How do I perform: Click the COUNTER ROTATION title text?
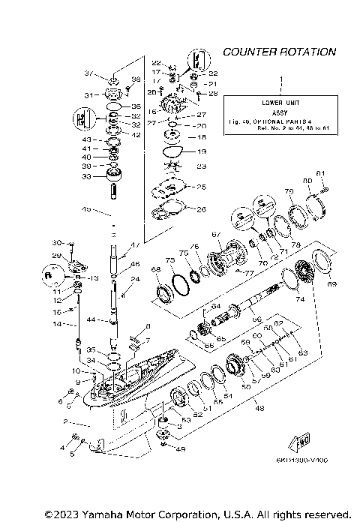point(279,52)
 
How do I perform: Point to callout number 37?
point(88,73)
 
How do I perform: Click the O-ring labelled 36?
point(114,106)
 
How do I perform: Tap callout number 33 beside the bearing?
point(88,176)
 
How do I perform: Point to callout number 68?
point(156,270)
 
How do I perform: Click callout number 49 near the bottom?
point(179,449)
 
